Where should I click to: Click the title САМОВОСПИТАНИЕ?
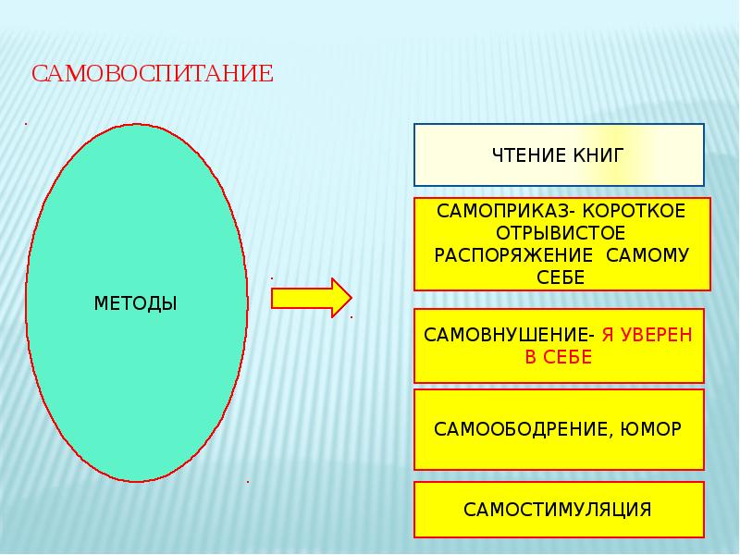pyautogui.click(x=153, y=74)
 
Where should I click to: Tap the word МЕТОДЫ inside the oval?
pyautogui.click(x=136, y=303)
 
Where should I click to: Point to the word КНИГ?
pyautogui.click(x=598, y=154)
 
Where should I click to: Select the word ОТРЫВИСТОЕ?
pyautogui.click(x=561, y=233)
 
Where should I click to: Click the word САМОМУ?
pyautogui.click(x=648, y=255)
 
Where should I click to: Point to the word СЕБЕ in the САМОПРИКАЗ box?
pyautogui.click(x=561, y=277)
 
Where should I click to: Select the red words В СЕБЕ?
pyautogui.click(x=558, y=358)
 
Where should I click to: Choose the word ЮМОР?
pyautogui.click(x=654, y=429)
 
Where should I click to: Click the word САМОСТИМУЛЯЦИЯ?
pyautogui.click(x=558, y=510)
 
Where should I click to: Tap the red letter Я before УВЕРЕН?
pyautogui.click(x=607, y=335)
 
